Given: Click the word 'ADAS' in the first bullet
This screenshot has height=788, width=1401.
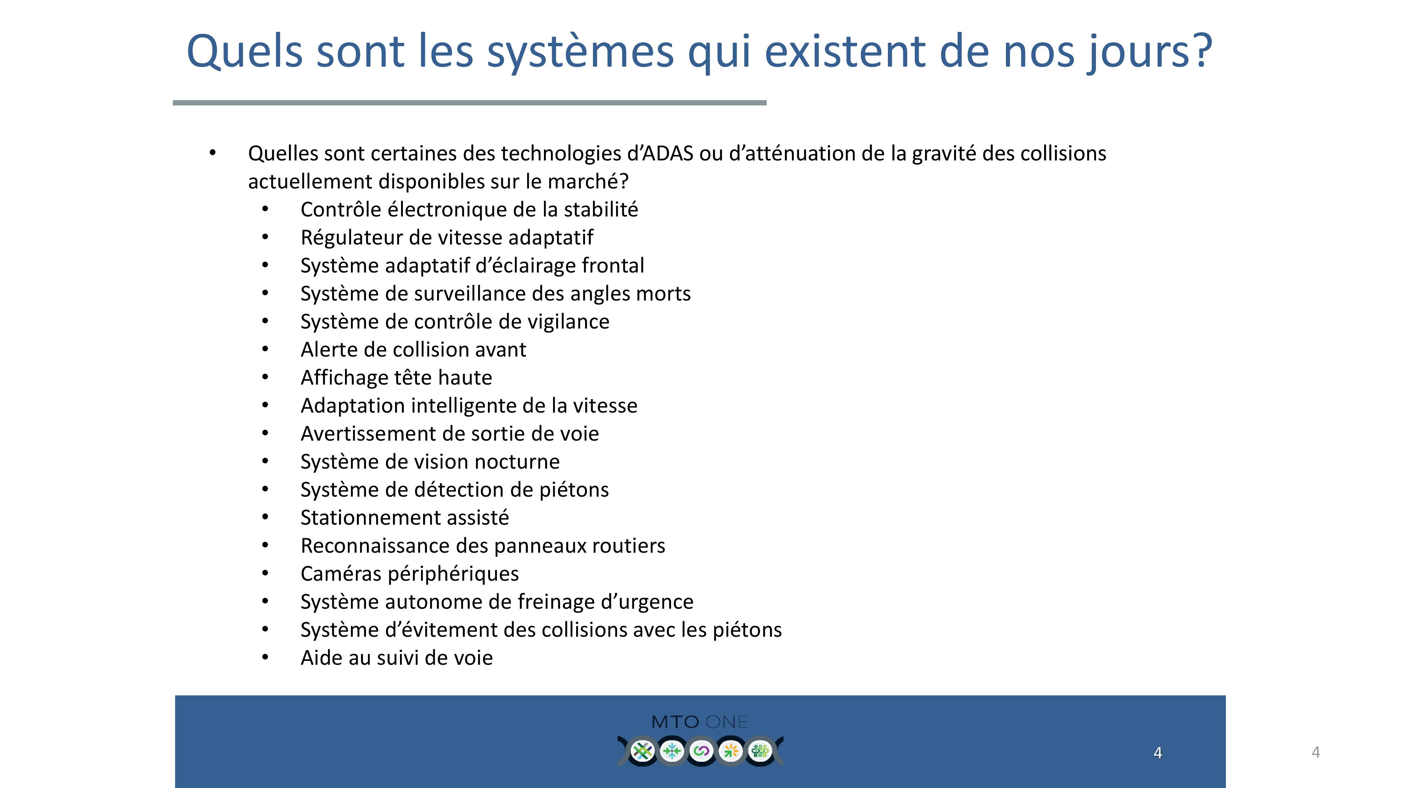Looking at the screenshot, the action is click(668, 153).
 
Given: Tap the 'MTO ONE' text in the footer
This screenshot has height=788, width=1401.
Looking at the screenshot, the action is click(699, 722).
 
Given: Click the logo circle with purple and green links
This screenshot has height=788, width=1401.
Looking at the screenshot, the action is click(701, 751).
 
